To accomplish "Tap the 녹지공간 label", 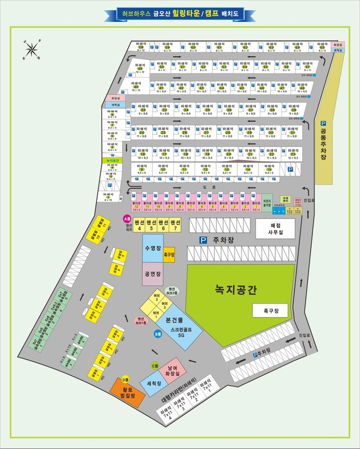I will tap(236, 290).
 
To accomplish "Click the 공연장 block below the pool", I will tap(153, 275).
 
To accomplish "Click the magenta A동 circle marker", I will tap(127, 218).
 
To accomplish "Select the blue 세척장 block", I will tap(151, 384).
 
